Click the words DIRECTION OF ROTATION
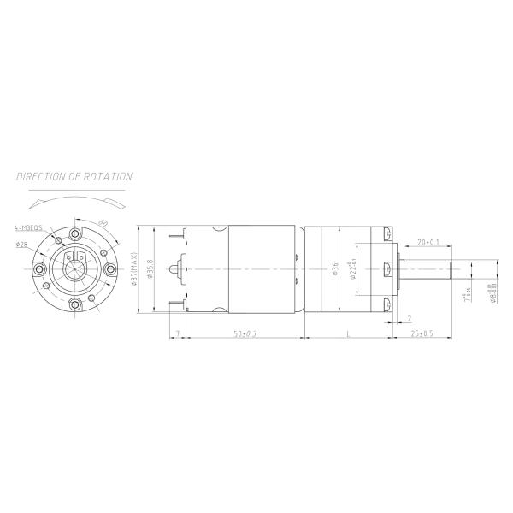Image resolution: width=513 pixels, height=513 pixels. click(75, 177)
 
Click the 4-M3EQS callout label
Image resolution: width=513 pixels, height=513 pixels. click(30, 229)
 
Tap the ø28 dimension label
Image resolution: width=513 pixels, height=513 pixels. click(21, 244)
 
